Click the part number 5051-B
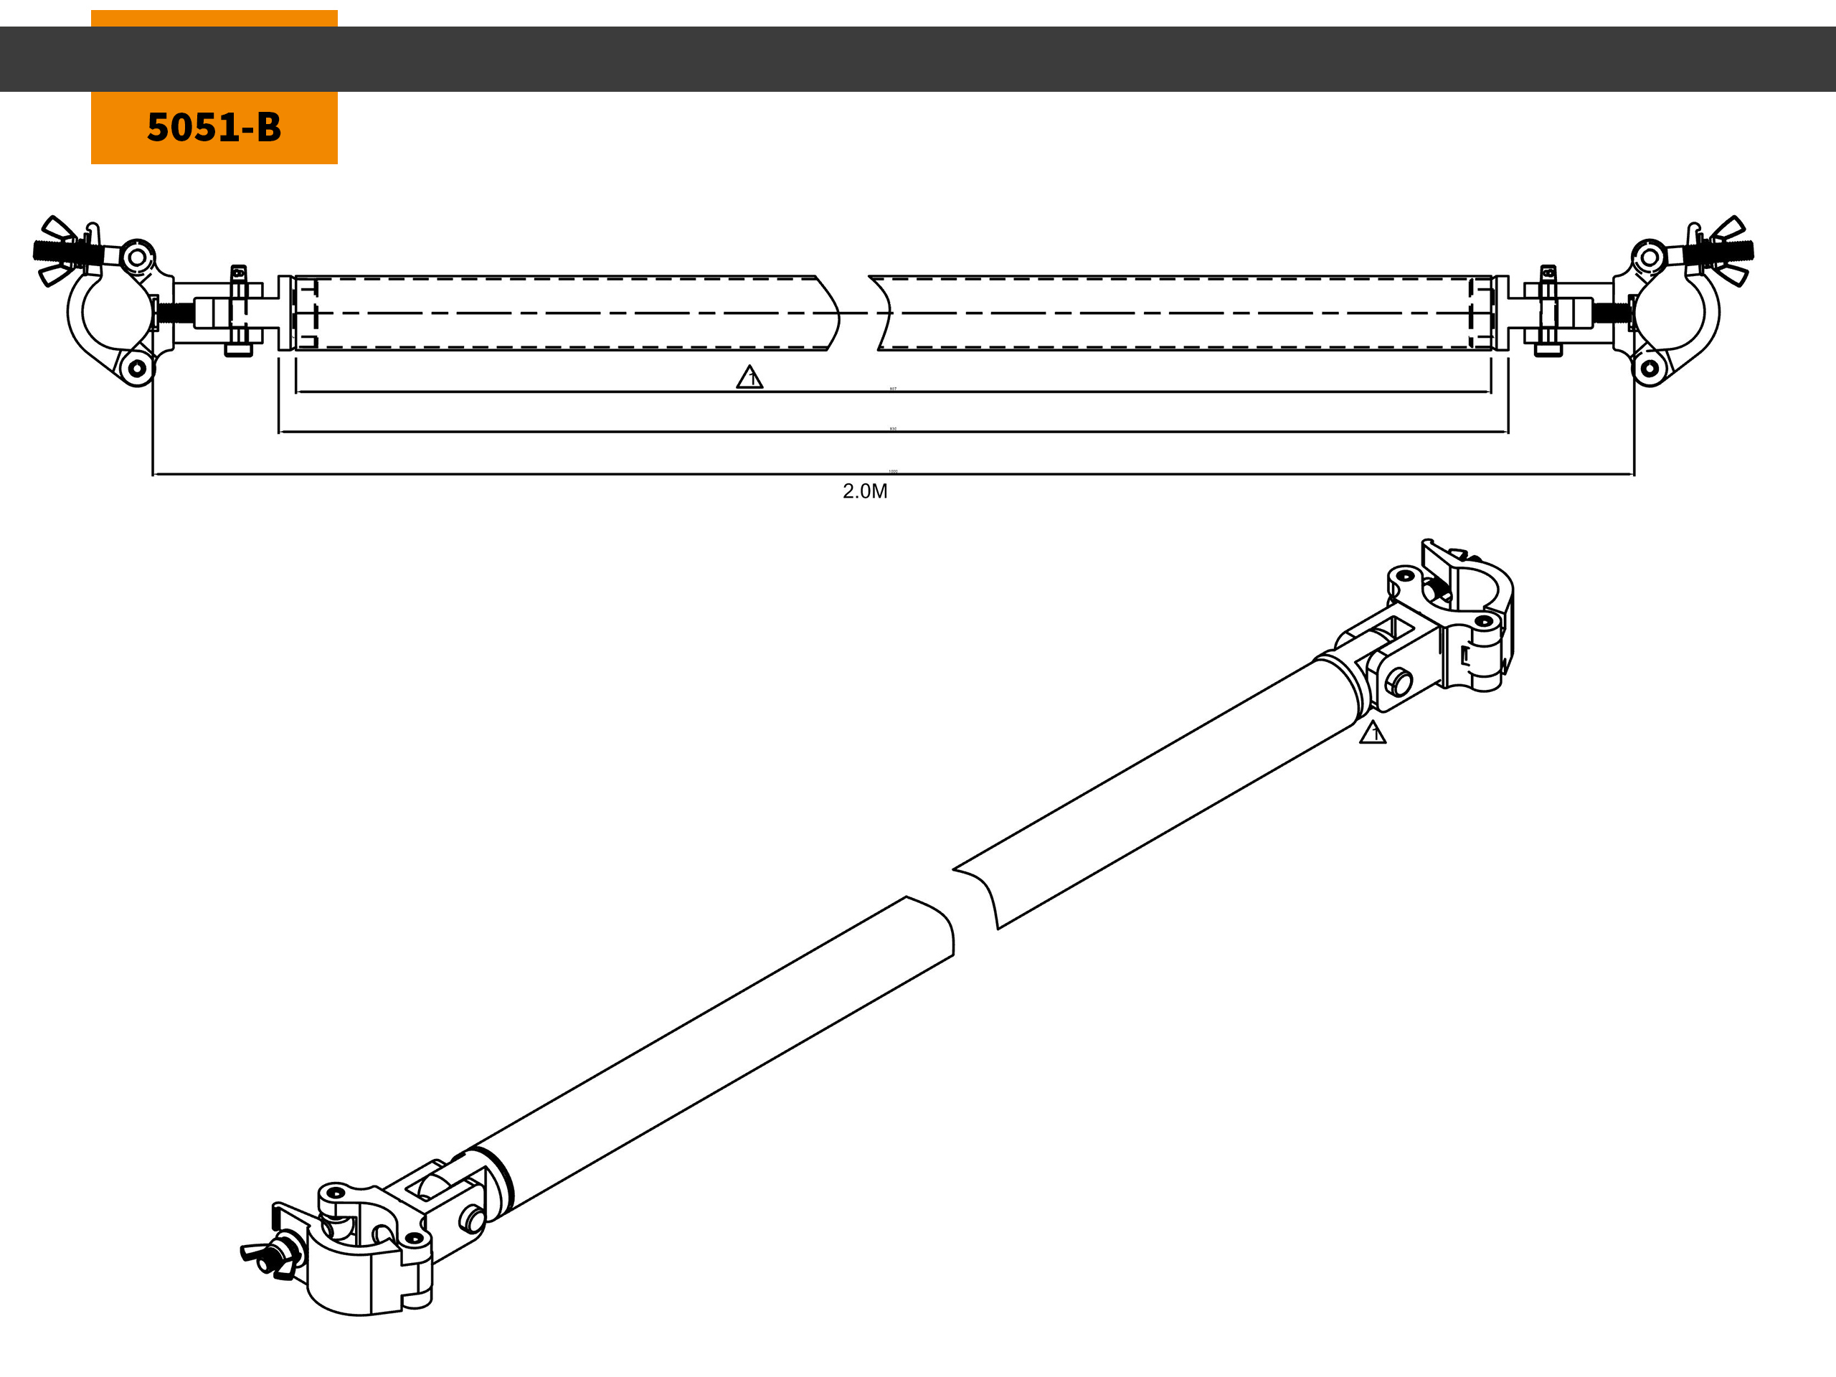pos(214,127)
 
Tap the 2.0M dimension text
pos(865,491)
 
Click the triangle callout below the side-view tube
pos(749,378)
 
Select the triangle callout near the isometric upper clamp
pos(1372,732)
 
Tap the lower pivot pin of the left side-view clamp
pos(137,368)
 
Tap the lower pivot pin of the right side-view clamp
pos(1650,368)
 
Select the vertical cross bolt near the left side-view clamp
pos(239,311)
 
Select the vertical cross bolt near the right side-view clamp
pos(1548,311)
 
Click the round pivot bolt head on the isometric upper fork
pos(1399,682)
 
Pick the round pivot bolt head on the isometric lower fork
pos(473,1219)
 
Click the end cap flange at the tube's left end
pos(285,313)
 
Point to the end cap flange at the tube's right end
pos(1500,313)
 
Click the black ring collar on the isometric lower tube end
pos(501,1178)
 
